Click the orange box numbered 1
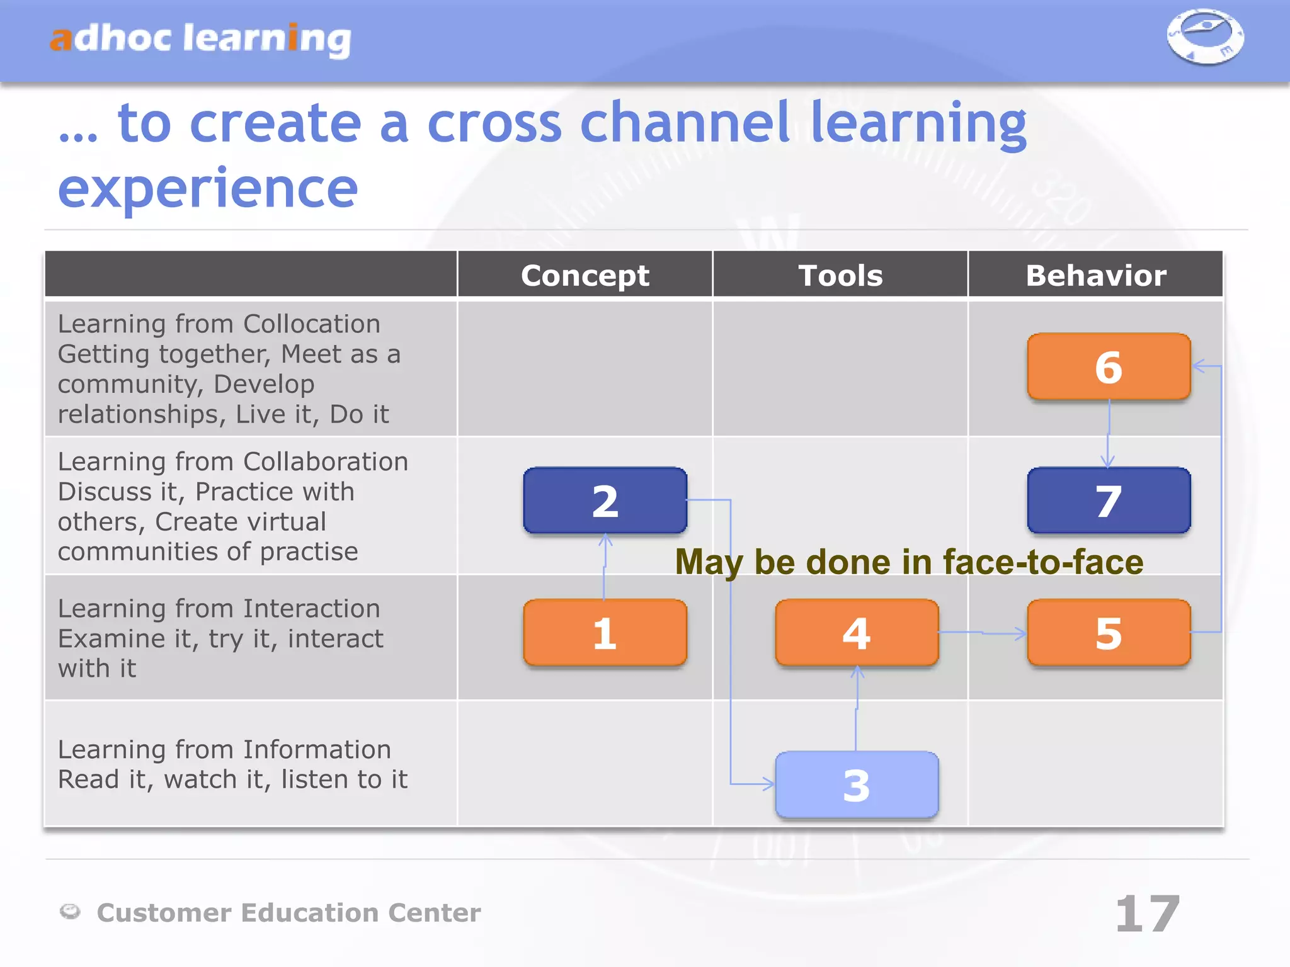pos(605,632)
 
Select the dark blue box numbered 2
pos(605,500)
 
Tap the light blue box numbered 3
pos(857,784)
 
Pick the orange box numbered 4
pos(857,632)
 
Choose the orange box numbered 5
pos(1109,632)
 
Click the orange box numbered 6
pos(1109,366)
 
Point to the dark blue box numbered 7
pos(1109,500)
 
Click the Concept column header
pos(585,275)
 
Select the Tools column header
pos(840,275)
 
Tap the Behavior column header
pos(1096,275)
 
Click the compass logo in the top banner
pos(1205,37)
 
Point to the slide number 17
pos(1147,913)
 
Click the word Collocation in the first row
pos(312,324)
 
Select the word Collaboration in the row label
pos(326,461)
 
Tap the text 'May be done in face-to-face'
pos(909,562)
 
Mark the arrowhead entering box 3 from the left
pos(769,784)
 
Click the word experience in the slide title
pos(208,188)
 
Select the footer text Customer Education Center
pos(288,913)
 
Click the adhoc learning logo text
pos(200,39)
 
